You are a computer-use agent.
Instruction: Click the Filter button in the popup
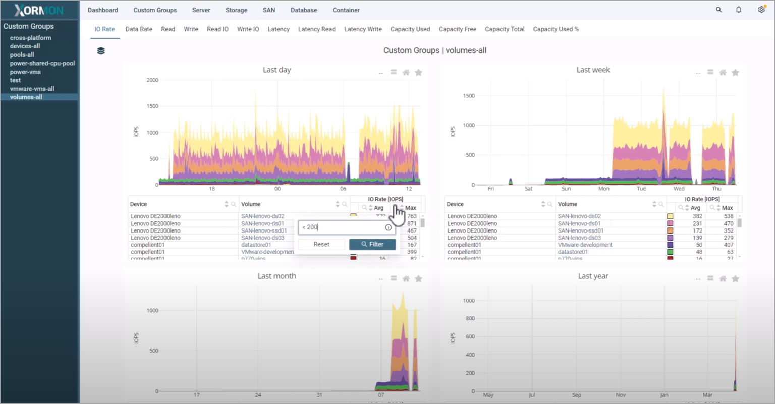372,244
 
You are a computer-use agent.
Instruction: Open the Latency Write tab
363,29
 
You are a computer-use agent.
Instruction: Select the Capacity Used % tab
556,29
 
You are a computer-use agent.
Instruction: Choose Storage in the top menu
236,10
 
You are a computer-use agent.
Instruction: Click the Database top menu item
304,10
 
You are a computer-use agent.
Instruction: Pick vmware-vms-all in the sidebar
32,89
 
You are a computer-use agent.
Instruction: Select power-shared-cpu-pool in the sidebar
42,64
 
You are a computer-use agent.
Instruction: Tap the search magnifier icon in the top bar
718,10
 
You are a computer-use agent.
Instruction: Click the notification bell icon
739,10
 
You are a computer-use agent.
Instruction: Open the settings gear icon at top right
761,10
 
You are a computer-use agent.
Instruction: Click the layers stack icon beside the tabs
101,51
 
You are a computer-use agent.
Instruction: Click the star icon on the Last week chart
735,73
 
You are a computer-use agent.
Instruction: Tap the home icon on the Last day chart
406,73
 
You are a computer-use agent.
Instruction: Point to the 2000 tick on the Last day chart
152,80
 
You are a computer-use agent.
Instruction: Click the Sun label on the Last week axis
566,189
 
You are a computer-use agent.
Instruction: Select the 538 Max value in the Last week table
728,216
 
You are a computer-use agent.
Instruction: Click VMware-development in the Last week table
585,245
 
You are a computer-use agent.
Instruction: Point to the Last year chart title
593,276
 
